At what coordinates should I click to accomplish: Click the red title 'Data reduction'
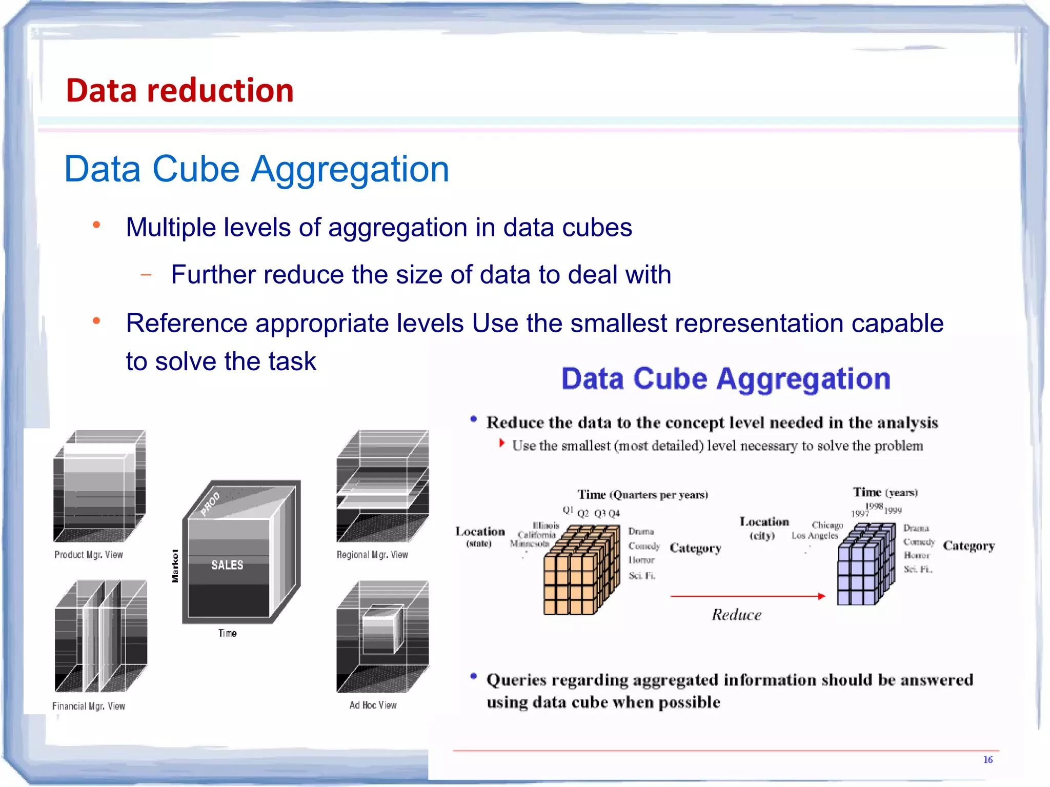point(179,91)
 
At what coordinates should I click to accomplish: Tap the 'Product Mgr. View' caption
point(89,555)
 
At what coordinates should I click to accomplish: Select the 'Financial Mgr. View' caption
point(89,706)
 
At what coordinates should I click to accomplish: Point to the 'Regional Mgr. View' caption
point(372,555)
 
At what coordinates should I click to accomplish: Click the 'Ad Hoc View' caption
point(373,705)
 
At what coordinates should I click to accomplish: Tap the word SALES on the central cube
point(227,565)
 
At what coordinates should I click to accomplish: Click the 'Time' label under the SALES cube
point(227,633)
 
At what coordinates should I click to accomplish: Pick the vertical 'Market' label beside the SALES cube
point(175,566)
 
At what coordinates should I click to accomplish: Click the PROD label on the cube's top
point(210,503)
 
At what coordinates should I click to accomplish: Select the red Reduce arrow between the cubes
point(747,596)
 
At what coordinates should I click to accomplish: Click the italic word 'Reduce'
point(736,615)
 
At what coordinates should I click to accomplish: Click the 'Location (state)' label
point(480,536)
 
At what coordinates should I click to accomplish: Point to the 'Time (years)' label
point(885,492)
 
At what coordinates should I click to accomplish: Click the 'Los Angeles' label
point(814,536)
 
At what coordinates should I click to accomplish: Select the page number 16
point(987,759)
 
